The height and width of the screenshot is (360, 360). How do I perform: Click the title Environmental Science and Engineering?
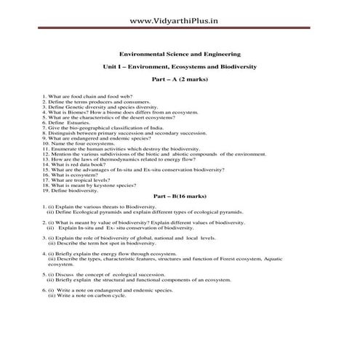click(x=179, y=54)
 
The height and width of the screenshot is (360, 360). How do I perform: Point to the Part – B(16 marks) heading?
click(x=179, y=196)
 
